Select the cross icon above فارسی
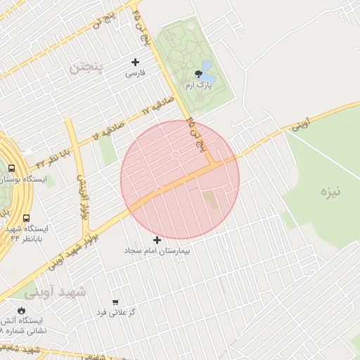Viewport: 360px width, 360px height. [136, 62]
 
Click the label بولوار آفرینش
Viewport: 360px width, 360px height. [82, 195]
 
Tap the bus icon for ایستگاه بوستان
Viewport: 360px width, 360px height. [11, 169]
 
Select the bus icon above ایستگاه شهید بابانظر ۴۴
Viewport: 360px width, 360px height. [26, 219]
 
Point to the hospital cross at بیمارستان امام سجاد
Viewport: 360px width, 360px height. [157, 240]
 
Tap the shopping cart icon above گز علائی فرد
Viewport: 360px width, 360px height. [115, 302]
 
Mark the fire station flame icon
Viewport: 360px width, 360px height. [21, 310]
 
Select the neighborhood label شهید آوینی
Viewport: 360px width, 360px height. [55, 291]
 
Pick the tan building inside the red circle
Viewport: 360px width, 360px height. [210, 199]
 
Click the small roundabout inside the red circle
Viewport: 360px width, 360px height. [175, 154]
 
